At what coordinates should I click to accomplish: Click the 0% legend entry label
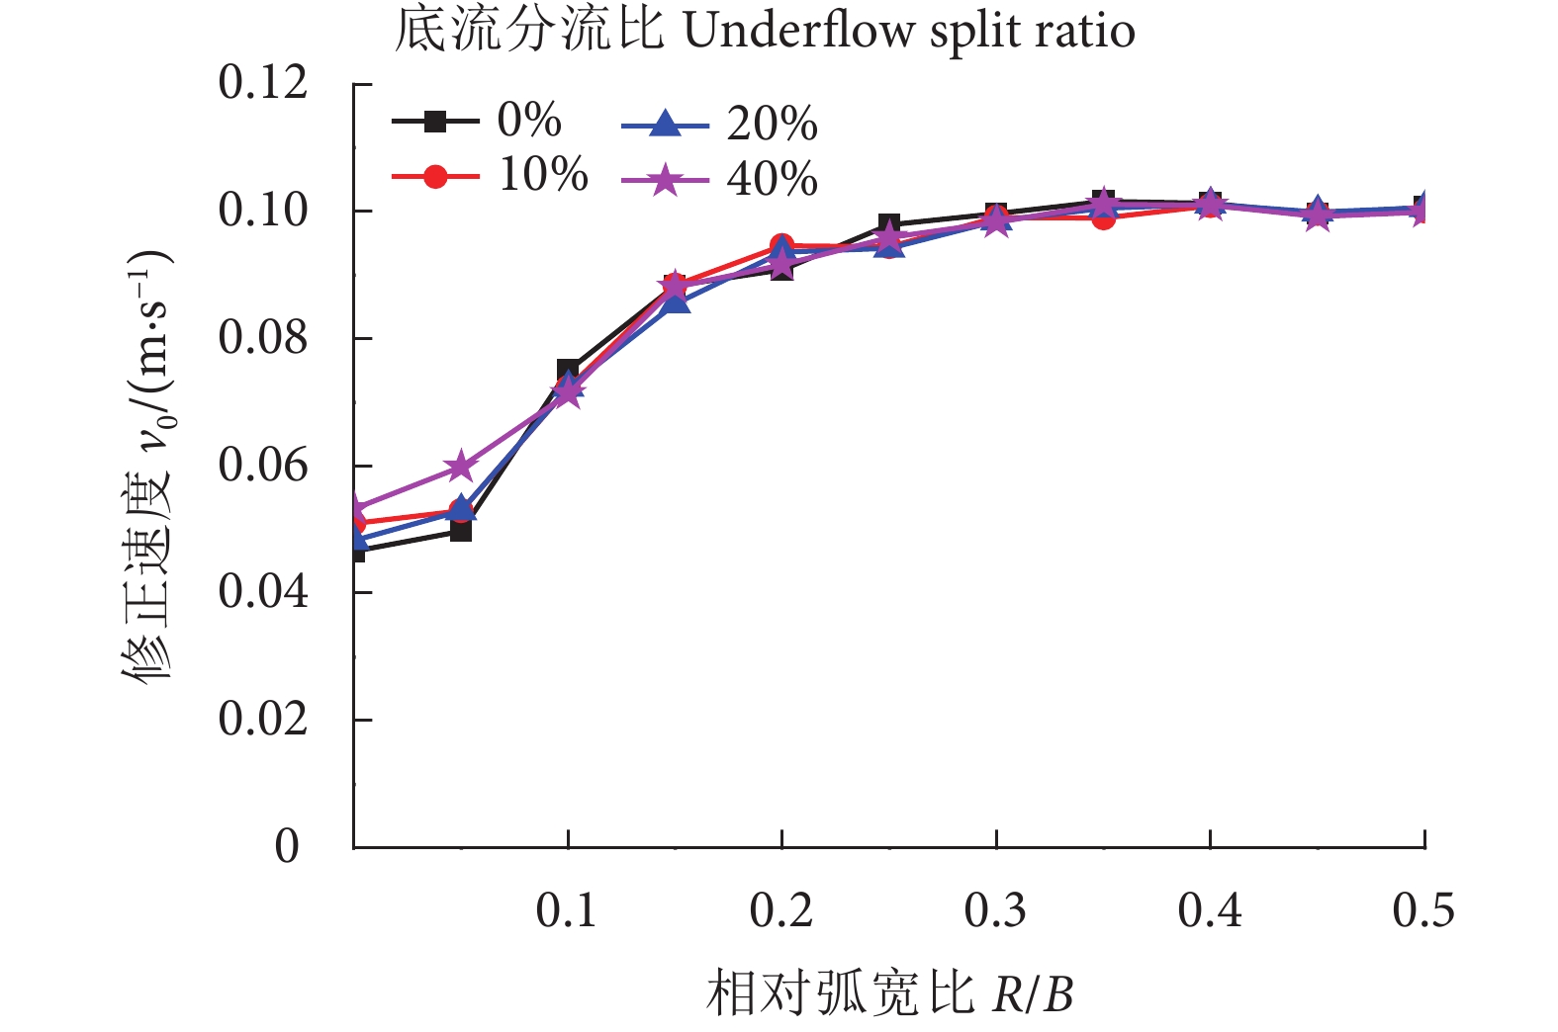tap(529, 121)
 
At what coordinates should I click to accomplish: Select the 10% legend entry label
tap(543, 175)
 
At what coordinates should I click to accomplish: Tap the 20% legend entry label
tap(772, 125)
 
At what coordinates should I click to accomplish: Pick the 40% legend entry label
tap(772, 180)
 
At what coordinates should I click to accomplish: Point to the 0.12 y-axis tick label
tap(263, 83)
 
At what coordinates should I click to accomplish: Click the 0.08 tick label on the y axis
tap(263, 338)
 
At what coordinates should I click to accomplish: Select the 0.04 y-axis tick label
tap(263, 592)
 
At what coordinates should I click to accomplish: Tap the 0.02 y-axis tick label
tap(263, 720)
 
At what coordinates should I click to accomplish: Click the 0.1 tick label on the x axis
tap(567, 910)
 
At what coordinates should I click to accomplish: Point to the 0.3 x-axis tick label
tap(995, 910)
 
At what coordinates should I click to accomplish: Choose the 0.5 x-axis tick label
tap(1423, 910)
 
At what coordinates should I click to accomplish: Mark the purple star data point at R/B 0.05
tap(461, 466)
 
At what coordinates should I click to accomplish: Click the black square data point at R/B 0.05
tap(461, 531)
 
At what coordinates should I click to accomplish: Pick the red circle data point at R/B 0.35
tap(1103, 217)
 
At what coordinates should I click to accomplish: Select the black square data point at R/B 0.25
tap(888, 224)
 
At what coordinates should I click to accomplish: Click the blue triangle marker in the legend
tap(666, 126)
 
